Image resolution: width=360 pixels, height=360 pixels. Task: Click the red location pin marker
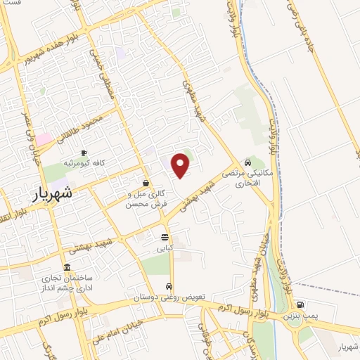181,165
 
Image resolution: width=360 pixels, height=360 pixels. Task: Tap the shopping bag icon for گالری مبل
146,183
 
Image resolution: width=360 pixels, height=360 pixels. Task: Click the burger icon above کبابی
165,237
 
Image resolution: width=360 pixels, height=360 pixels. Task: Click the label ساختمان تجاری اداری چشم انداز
67,282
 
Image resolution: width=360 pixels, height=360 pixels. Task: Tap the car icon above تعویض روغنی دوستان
169,286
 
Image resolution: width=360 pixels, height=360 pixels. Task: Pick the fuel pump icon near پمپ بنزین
300,305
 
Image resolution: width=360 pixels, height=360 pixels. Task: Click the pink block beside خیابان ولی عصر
44,139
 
